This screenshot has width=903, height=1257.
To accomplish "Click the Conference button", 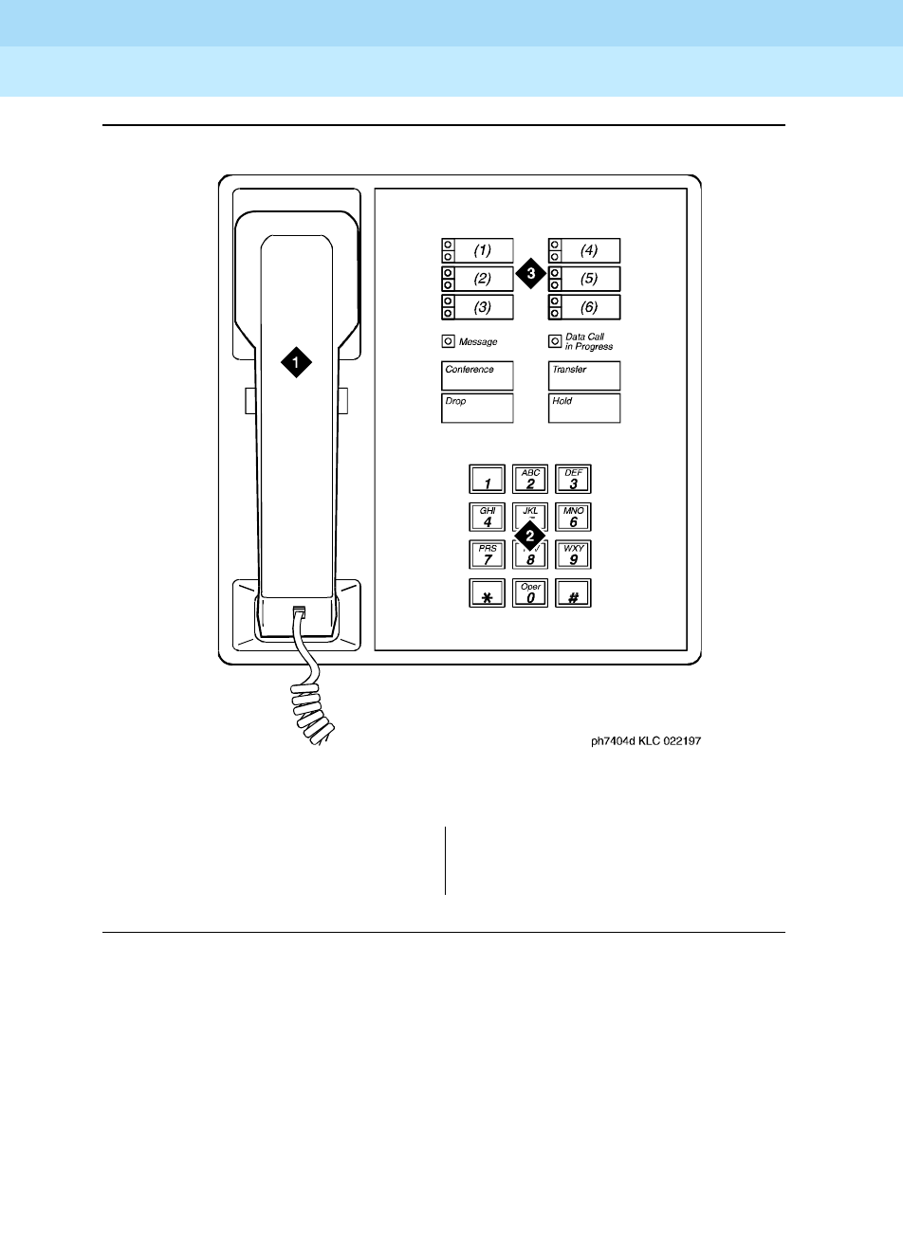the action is [x=477, y=375].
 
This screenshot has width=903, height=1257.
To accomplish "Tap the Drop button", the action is [x=477, y=408].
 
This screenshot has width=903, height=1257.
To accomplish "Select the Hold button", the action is [x=584, y=408].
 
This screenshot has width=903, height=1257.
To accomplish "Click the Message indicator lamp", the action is [x=448, y=341].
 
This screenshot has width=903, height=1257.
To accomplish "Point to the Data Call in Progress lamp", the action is [x=555, y=341].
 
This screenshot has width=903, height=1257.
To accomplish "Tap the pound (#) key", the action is [x=573, y=593].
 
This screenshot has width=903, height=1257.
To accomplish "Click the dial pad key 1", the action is [x=488, y=480].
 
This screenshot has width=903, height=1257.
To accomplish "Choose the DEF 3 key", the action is [x=573, y=480].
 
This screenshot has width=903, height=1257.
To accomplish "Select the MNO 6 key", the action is [x=573, y=518].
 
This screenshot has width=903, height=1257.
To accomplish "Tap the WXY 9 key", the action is [x=573, y=555].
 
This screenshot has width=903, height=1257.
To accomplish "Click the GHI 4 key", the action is [x=488, y=518].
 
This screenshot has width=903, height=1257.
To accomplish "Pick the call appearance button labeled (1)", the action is [x=477, y=251].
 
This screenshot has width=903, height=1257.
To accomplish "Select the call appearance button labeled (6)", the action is [x=584, y=307].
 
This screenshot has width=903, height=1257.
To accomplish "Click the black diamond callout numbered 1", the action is [x=296, y=361].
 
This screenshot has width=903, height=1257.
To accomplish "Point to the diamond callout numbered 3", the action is [x=531, y=274].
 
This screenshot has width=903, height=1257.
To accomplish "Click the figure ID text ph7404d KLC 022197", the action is [x=647, y=741].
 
